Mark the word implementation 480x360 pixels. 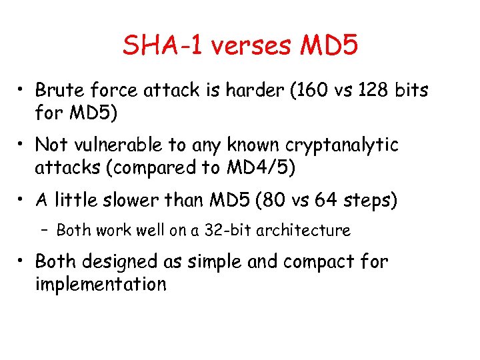click(x=100, y=284)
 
